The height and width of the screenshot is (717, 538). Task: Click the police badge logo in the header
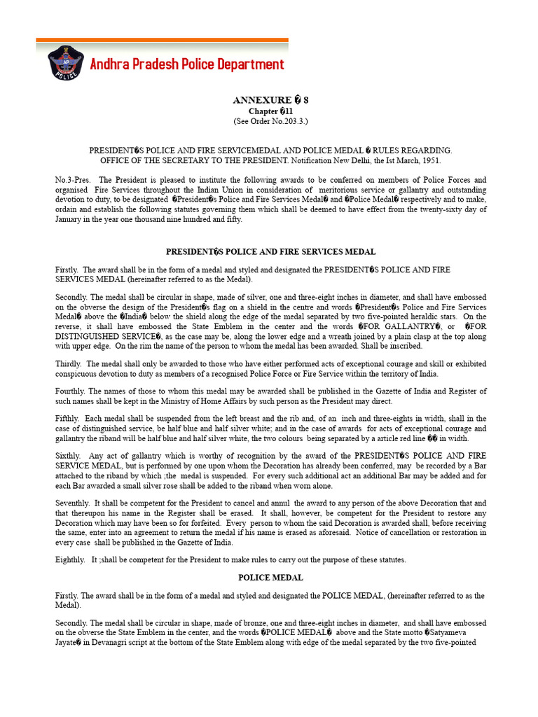65,65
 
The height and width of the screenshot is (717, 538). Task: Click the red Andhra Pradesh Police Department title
187,65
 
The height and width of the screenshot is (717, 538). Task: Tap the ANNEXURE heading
270,100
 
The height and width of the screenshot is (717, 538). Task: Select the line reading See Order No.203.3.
270,120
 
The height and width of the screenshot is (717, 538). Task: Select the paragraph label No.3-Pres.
71,180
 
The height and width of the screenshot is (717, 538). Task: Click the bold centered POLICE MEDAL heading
270,578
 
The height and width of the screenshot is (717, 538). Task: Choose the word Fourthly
71,391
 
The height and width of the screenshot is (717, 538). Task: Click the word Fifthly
68,418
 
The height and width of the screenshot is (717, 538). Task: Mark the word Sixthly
68,456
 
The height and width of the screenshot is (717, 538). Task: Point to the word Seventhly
73,503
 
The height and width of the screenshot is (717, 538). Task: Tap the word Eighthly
70,559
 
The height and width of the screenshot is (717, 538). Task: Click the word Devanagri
116,642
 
